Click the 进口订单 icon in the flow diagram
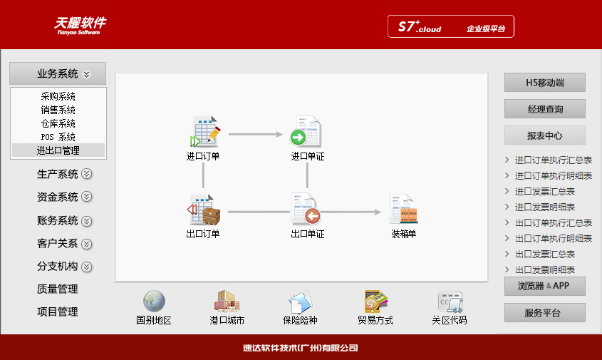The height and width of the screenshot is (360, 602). (x=205, y=131)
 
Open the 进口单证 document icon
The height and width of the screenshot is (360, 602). (x=306, y=131)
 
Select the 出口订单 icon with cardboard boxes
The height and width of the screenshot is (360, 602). (x=204, y=210)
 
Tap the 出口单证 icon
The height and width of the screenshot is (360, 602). (x=306, y=209)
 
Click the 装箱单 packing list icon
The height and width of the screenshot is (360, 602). (x=403, y=209)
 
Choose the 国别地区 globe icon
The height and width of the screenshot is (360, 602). (x=154, y=302)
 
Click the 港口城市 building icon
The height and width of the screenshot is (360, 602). (x=227, y=302)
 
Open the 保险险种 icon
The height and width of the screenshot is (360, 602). (x=300, y=302)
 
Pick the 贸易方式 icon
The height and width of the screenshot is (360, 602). (x=375, y=302)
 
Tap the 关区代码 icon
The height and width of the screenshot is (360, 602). (x=450, y=302)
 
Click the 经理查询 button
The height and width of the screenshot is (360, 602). (x=545, y=109)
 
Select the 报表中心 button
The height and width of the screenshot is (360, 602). (x=545, y=135)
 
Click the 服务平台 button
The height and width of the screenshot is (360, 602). (x=545, y=313)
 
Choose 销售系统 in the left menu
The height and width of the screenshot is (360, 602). (x=58, y=110)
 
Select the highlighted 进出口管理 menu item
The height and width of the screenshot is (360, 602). (x=58, y=150)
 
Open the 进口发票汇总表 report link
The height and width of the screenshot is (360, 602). (x=545, y=191)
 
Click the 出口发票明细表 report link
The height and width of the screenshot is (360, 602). (x=545, y=269)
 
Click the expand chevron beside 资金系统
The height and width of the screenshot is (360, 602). (x=87, y=197)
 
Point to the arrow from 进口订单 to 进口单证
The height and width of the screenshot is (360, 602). (x=256, y=135)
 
